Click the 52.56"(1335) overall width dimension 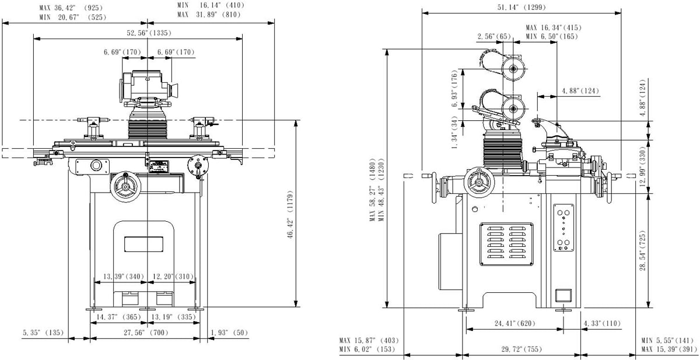point(149,33)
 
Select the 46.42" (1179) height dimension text point(290,214)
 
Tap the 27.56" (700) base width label point(146,333)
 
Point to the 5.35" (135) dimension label point(43,333)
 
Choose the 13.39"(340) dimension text point(124,277)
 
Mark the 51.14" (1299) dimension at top point(521,7)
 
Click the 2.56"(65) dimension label point(494,37)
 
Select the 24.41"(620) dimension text point(514,323)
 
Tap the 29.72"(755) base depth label point(521,349)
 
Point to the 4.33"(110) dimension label point(602,323)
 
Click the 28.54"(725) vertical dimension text point(642,251)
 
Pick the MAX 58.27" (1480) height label point(373,190)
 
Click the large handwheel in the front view point(125,187)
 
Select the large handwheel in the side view point(479,183)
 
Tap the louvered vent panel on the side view point(506,244)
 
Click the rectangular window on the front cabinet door point(143,244)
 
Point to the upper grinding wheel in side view point(513,69)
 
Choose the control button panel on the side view point(563,228)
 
